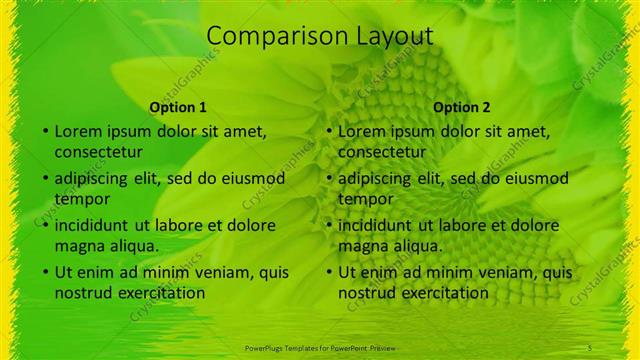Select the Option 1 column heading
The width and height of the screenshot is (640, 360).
coord(178,107)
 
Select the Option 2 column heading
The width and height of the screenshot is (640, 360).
coord(462,107)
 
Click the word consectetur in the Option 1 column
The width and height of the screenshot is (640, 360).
coord(98,152)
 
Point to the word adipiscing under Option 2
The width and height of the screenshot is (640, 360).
coord(375,178)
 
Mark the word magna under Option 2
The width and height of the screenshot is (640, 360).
coord(362,246)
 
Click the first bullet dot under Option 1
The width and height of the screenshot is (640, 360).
coord(45,131)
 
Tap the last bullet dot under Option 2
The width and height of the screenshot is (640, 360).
coord(329,272)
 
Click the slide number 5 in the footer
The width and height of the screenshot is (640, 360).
coord(590,346)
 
